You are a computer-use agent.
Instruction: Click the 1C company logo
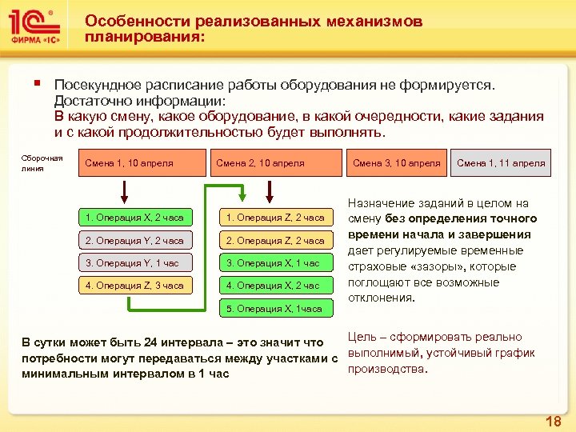click(34, 26)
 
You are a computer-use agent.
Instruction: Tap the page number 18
click(552, 421)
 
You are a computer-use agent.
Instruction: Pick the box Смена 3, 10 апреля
click(396, 163)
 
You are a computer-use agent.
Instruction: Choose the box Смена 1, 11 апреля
click(501, 163)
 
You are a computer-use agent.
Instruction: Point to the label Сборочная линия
click(42, 163)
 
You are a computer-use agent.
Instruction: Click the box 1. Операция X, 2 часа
click(134, 218)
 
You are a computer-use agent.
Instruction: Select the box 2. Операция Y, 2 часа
click(134, 240)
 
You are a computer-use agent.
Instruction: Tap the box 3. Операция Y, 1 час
click(134, 262)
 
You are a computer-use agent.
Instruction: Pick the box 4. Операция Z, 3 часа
click(134, 285)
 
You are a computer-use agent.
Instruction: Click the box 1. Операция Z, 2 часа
click(274, 218)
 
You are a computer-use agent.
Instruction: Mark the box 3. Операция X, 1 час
click(274, 262)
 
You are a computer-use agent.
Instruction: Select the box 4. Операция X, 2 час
click(274, 285)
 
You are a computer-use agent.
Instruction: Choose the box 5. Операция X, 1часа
click(274, 308)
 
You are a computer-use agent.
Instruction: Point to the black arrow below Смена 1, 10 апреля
click(125, 192)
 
